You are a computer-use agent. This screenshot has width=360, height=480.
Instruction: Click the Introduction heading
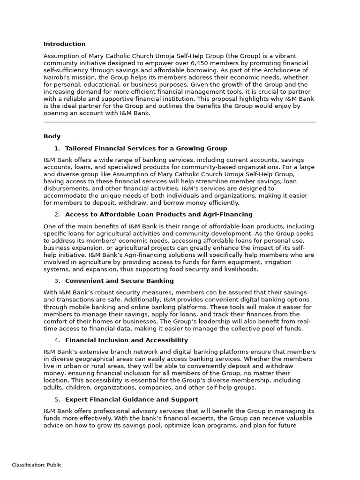(x=65, y=44)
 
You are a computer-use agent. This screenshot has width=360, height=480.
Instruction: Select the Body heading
(x=52, y=136)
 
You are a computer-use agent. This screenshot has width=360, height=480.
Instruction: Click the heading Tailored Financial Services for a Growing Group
(x=146, y=148)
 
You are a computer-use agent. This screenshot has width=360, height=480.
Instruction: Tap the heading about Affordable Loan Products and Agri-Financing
(x=158, y=214)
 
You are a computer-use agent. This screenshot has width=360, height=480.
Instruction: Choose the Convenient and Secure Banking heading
(x=119, y=281)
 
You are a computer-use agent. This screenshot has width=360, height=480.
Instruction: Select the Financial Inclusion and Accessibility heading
(x=126, y=340)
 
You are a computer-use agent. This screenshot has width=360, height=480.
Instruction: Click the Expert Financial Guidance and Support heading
(x=131, y=399)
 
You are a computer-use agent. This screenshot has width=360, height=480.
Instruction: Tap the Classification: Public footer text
(x=37, y=465)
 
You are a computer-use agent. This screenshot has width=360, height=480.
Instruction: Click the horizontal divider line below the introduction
(x=180, y=122)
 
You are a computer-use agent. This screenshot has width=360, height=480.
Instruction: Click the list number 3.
(x=57, y=281)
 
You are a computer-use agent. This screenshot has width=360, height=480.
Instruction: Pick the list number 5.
(x=57, y=399)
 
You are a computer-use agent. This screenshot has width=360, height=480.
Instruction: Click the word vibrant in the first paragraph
(x=284, y=56)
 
